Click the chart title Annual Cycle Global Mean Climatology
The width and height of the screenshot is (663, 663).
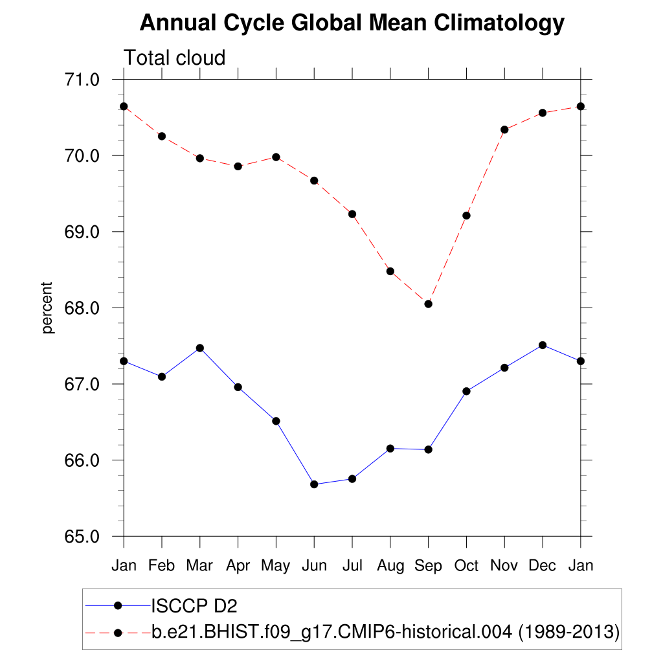[352, 23]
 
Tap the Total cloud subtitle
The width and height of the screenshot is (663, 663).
[174, 58]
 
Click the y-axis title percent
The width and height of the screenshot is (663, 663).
[47, 308]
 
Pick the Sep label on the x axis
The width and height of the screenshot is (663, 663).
[428, 565]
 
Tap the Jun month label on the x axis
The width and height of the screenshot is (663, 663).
[314, 565]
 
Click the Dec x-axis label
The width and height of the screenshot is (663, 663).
[543, 565]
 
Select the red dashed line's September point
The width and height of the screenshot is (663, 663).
[428, 304]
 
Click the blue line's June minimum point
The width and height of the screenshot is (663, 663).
[314, 484]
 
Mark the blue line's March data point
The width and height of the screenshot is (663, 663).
[200, 348]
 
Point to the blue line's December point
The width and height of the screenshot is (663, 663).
[543, 345]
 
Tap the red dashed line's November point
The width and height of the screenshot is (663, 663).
[504, 129]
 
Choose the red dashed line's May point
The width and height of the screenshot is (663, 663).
[276, 157]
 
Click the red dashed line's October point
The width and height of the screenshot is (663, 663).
[466, 216]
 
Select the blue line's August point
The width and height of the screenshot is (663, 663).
[390, 448]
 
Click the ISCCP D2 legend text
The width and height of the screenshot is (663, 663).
[194, 605]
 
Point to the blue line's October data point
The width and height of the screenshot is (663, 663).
[466, 391]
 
